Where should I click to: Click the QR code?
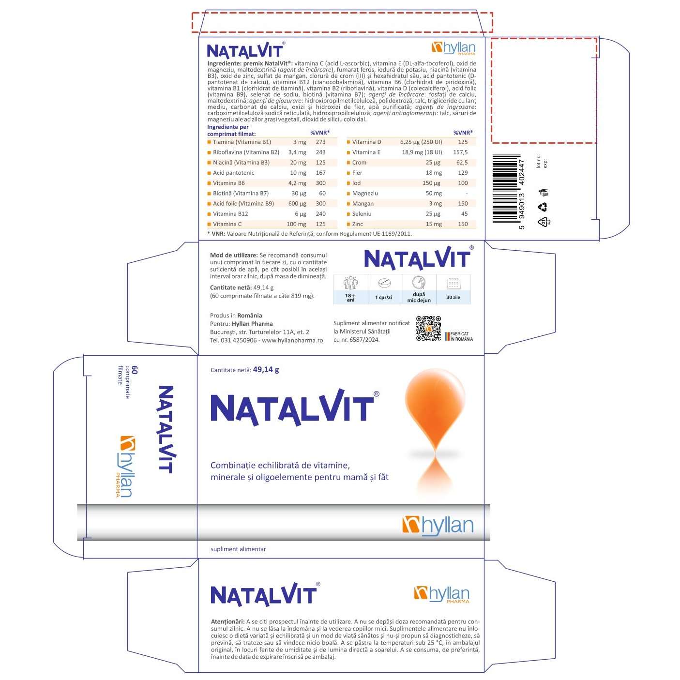pyautogui.click(x=428, y=328)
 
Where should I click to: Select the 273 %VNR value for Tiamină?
pyautogui.click(x=320, y=142)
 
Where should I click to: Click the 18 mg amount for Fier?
pyautogui.click(x=434, y=173)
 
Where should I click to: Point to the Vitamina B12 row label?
pyautogui.click(x=230, y=214)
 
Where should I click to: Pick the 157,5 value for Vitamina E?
pyautogui.click(x=460, y=152)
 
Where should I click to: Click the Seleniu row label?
pyautogui.click(x=362, y=214)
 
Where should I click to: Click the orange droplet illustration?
pyautogui.click(x=435, y=431)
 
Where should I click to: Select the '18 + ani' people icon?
pyautogui.click(x=350, y=283)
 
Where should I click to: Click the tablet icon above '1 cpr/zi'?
pyautogui.click(x=384, y=283)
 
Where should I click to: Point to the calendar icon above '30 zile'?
pyautogui.click(x=453, y=283)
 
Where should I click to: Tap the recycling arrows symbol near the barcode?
pyautogui.click(x=543, y=207)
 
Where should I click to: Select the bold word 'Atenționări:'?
pyautogui.click(x=227, y=621)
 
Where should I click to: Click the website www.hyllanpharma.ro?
pyautogui.click(x=292, y=341)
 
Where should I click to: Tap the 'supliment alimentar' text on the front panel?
pyautogui.click(x=238, y=549)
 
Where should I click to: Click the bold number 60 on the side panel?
pyautogui.click(x=134, y=370)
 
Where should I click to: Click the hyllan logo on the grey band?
pyautogui.click(x=438, y=526)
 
